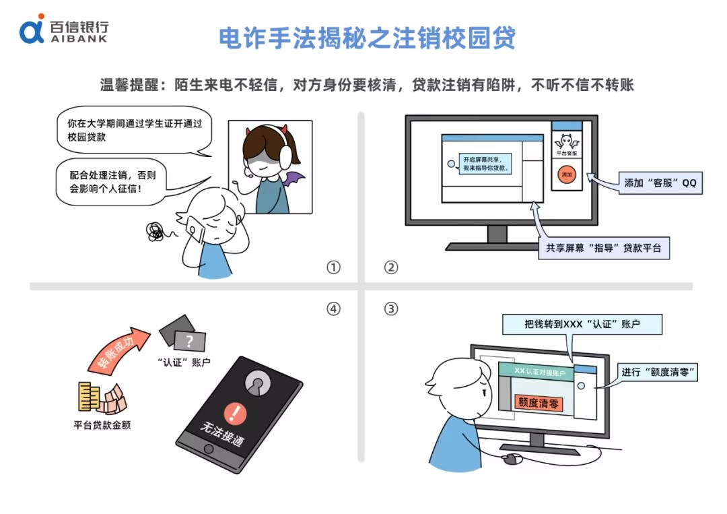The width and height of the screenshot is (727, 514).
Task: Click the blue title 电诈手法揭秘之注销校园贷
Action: pyautogui.click(x=367, y=38)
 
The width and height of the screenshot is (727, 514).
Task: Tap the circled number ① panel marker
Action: pyautogui.click(x=333, y=267)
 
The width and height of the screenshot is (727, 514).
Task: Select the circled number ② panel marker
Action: pyautogui.click(x=391, y=267)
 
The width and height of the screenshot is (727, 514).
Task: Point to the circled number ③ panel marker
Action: pyautogui.click(x=391, y=309)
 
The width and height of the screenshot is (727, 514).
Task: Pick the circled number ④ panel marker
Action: pyautogui.click(x=333, y=309)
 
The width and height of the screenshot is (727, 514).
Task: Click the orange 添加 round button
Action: pyautogui.click(x=567, y=174)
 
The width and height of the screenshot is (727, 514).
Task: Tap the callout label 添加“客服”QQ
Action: pyautogui.click(x=660, y=183)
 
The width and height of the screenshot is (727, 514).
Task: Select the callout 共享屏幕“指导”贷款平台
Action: pyautogui.click(x=604, y=248)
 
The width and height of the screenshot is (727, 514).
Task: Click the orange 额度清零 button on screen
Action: pyautogui.click(x=539, y=403)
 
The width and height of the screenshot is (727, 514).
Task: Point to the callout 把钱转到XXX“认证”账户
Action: pyautogui.click(x=582, y=324)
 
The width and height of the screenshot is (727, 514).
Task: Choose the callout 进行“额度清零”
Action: pyautogui.click(x=658, y=372)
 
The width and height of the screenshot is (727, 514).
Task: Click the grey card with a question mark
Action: pyautogui.click(x=190, y=342)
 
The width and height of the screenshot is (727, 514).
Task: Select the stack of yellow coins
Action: pyautogui.click(x=89, y=397)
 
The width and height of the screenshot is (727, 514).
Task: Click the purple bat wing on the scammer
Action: pyautogui.click(x=293, y=179)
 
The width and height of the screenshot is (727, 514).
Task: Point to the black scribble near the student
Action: pyautogui.click(x=155, y=232)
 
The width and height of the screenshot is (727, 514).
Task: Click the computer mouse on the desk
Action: pyautogui.click(x=512, y=458)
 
